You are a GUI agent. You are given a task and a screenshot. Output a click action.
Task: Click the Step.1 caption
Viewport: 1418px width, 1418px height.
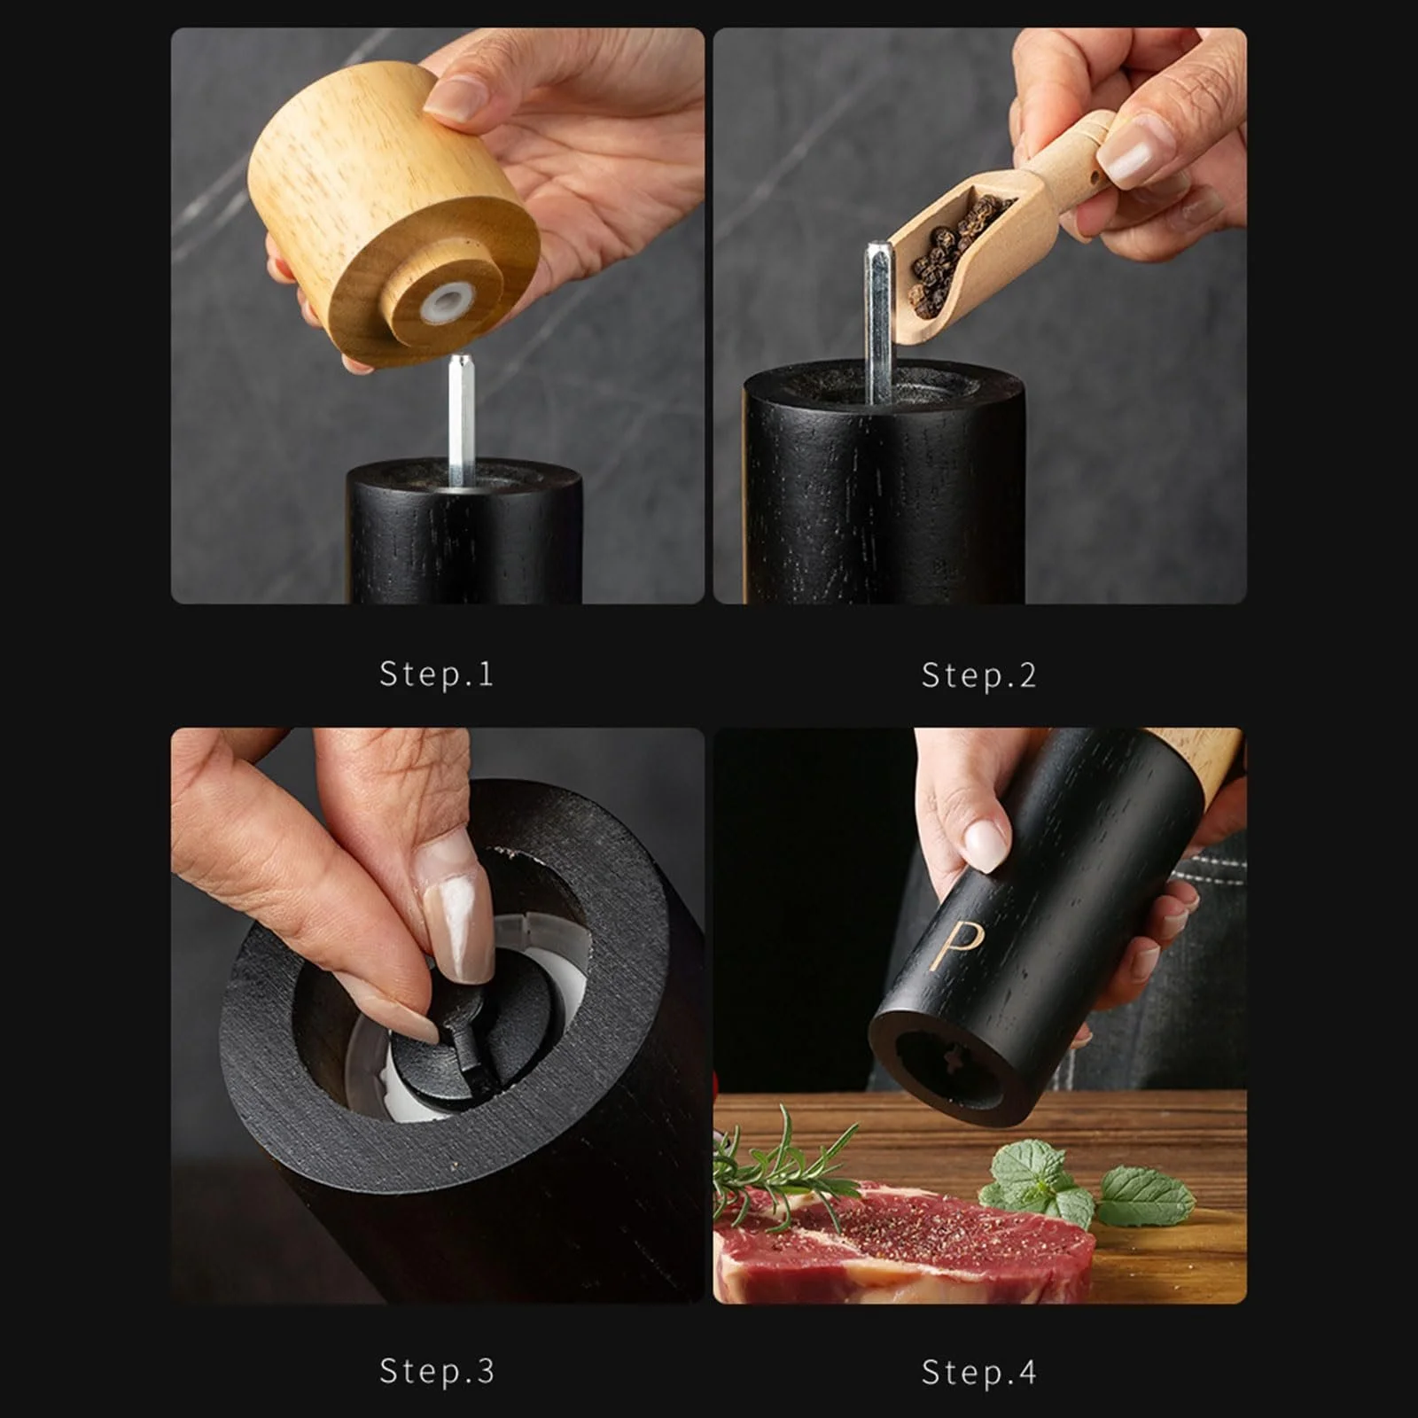click(x=436, y=674)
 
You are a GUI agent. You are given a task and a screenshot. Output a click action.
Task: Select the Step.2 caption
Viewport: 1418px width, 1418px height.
click(x=978, y=675)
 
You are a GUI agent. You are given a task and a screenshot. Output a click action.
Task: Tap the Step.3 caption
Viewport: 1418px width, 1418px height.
click(x=436, y=1371)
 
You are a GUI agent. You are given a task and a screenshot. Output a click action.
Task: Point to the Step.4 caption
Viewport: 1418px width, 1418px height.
click(x=978, y=1372)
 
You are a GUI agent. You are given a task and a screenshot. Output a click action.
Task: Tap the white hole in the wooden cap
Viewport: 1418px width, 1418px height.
click(x=448, y=301)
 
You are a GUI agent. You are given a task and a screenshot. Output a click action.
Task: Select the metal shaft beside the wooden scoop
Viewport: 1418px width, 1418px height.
click(x=879, y=321)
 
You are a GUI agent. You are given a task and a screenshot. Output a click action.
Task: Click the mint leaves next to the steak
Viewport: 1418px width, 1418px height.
click(x=1086, y=1183)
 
